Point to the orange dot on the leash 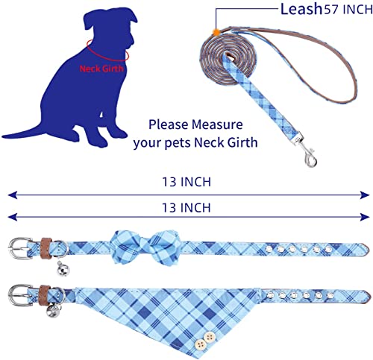(x=215, y=33)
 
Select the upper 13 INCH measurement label (x=185, y=181)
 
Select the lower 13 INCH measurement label (x=185, y=207)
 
